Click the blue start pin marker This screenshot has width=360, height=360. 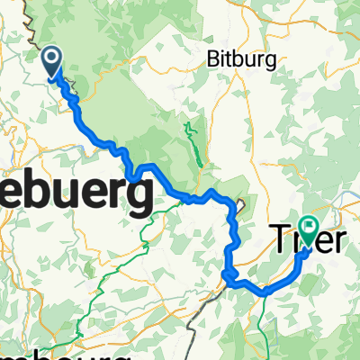[x=52, y=61]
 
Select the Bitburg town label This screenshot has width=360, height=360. [x=238, y=61]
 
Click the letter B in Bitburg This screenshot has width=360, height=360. [x=214, y=60]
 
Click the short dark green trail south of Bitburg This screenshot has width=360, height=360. [x=191, y=139]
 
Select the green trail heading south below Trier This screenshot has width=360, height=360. [x=262, y=324]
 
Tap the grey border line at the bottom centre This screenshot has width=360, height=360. [x=193, y=337]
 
